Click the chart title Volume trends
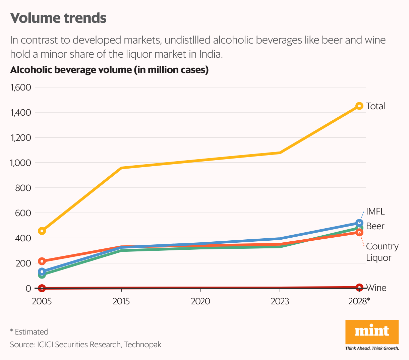point(58,18)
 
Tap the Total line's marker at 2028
point(359,106)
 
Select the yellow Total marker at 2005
point(42,231)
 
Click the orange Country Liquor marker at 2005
point(42,261)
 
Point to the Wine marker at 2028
point(359,287)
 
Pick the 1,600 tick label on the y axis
point(21,87)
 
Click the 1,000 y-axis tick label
point(21,163)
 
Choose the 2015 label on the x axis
point(121,301)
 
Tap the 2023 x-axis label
point(280,301)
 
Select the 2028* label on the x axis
point(359,301)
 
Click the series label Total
point(375,106)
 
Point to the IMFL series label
point(375,212)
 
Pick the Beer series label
point(375,226)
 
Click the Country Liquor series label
point(382,252)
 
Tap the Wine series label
point(376,288)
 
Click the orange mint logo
point(372,332)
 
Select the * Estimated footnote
point(29,332)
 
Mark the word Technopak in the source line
point(143,345)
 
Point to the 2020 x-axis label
point(200,301)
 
